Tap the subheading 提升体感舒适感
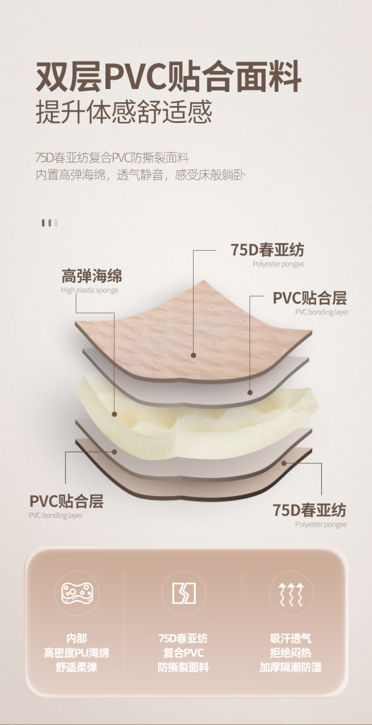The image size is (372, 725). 124,112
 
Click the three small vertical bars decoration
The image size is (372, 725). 49,223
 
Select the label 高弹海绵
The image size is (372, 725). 91,276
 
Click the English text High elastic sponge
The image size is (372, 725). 89,290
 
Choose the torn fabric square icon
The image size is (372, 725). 184,593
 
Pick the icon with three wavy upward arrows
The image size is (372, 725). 291,593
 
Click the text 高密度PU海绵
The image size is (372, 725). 77,653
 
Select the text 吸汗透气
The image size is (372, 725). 291,638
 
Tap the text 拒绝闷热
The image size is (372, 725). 291,653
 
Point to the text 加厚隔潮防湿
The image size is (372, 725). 291,667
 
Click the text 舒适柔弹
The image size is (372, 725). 77,667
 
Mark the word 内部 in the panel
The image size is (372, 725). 77,638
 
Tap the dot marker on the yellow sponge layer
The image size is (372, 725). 114,414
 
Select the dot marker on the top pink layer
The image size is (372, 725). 193,355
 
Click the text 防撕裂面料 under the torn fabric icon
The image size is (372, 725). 183,667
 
